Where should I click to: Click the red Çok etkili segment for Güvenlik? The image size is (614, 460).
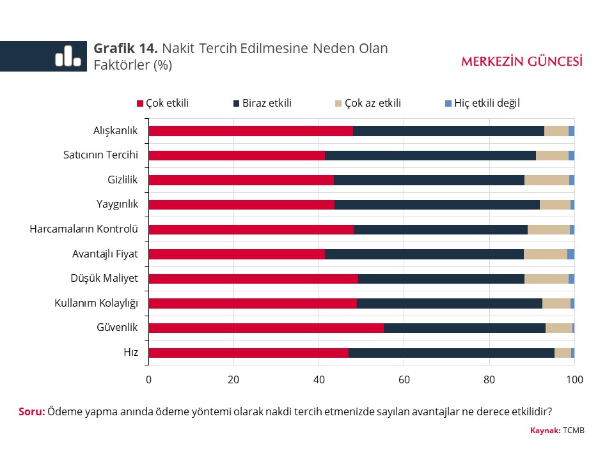[x=266, y=328]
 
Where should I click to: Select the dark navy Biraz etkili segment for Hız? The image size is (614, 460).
[x=452, y=353]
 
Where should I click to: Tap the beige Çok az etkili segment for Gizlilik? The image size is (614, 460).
[x=547, y=180]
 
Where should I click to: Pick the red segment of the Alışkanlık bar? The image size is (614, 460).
[x=251, y=131]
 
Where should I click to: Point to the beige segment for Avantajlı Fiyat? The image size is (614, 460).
[x=546, y=254]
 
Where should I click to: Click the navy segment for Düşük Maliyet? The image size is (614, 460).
[x=441, y=279]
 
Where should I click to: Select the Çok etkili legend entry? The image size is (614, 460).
[x=163, y=103]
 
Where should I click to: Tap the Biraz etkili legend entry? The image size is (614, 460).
[x=262, y=103]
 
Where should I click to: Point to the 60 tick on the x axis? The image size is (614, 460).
[x=404, y=379]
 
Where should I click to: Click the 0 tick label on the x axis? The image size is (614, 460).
[x=148, y=379]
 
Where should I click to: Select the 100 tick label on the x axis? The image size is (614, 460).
[x=574, y=379]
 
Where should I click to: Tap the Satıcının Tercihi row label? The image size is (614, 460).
[x=100, y=155]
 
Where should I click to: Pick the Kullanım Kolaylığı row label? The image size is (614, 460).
[x=96, y=303]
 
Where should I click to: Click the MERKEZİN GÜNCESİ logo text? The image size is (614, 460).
[x=522, y=61]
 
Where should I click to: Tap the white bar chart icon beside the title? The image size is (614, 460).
[x=68, y=56]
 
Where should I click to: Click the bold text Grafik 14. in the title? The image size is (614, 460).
[x=125, y=49]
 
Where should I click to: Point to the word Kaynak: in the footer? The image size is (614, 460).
[x=545, y=431]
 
